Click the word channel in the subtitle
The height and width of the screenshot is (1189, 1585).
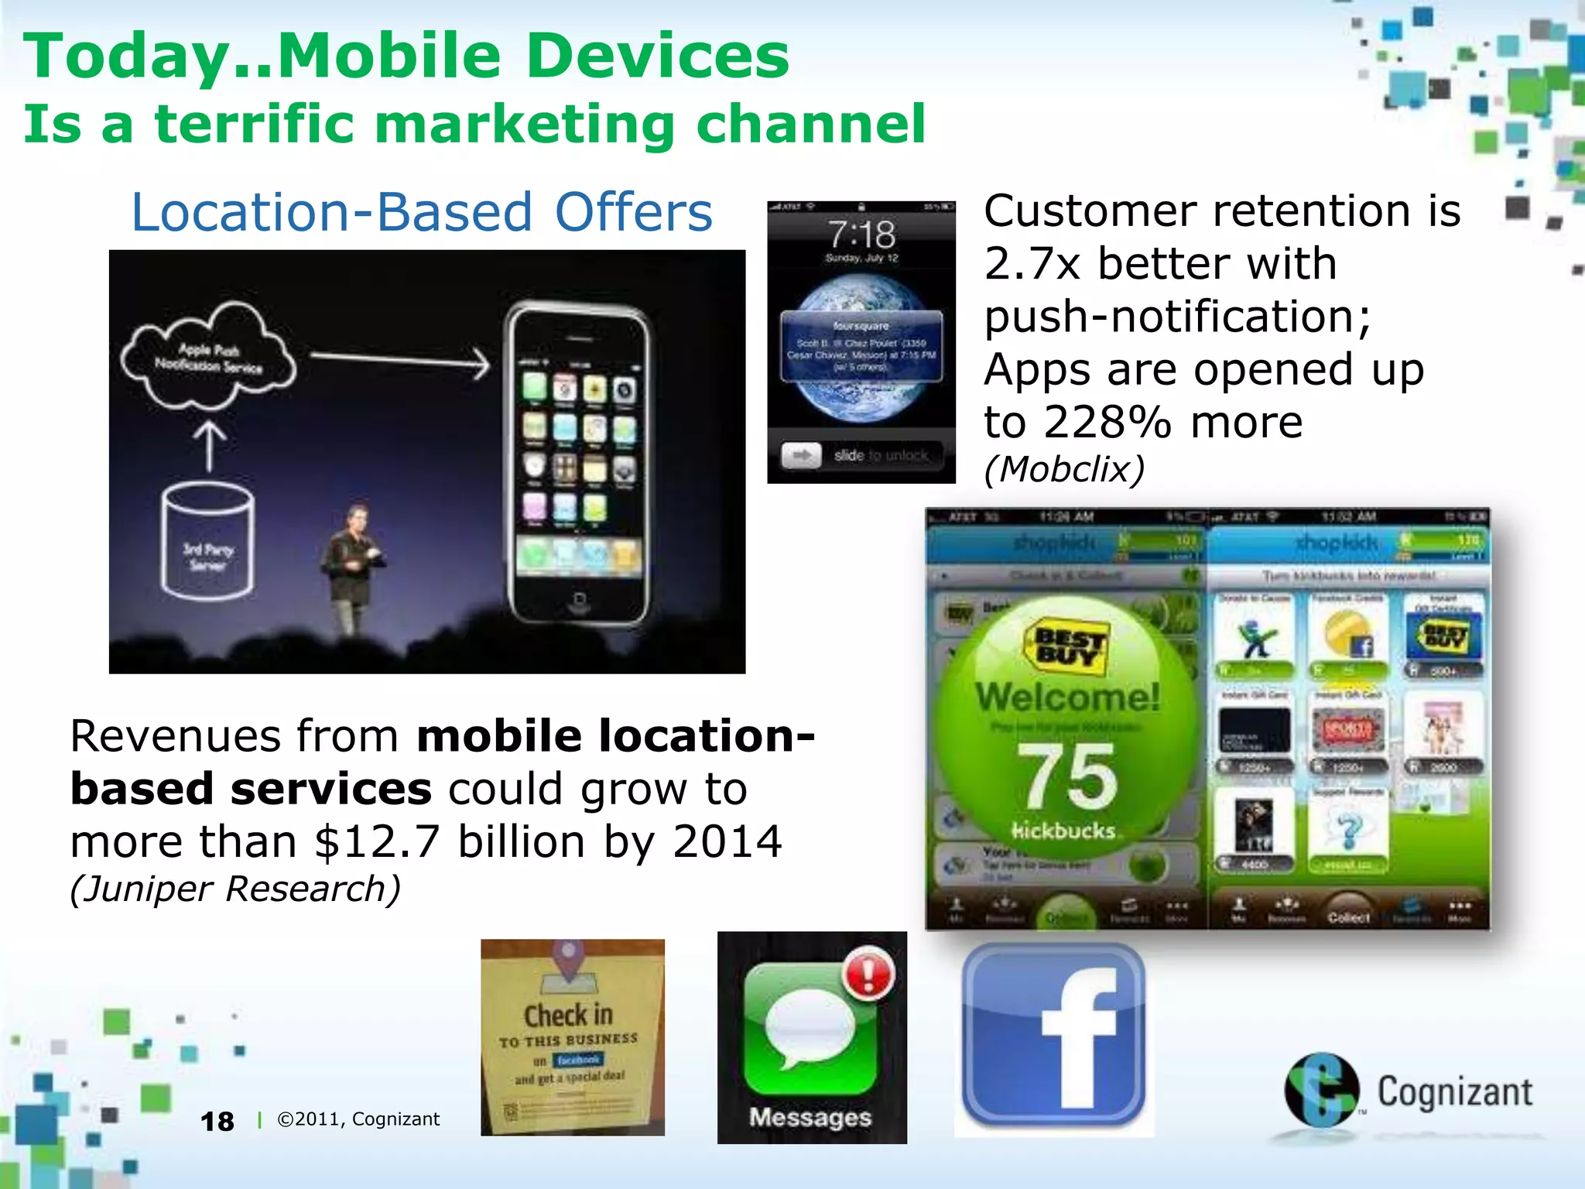[x=810, y=124]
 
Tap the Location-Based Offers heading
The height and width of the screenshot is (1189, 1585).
[x=422, y=212]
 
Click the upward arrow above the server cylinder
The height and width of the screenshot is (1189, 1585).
[x=209, y=445]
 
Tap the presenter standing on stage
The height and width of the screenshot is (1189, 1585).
[x=353, y=565]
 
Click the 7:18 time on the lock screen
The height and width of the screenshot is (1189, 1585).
[x=861, y=233]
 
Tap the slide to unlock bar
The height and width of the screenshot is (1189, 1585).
[x=861, y=455]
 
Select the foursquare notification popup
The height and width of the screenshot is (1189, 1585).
[x=861, y=346]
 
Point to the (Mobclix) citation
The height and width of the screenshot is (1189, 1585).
[x=1064, y=468]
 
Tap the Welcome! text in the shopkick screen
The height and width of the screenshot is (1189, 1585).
[x=1067, y=696]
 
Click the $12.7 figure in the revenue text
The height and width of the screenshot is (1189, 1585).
[x=377, y=841]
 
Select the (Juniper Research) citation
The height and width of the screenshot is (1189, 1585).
[x=235, y=889]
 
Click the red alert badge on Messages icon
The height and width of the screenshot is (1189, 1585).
[x=868, y=973]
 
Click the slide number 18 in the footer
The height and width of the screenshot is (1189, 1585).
[x=217, y=1121]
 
